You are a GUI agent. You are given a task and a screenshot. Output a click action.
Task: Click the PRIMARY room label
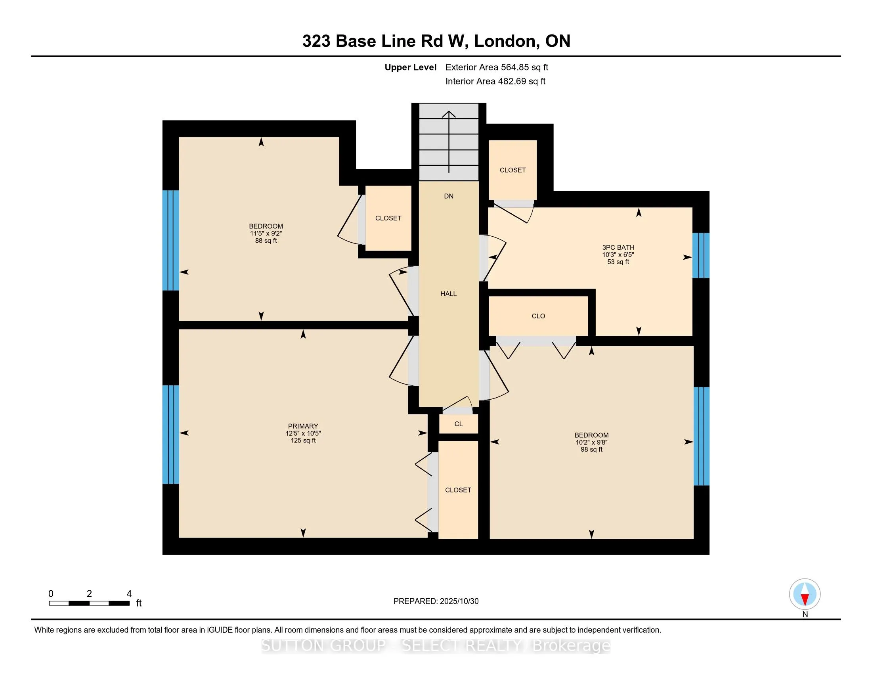coord(303,426)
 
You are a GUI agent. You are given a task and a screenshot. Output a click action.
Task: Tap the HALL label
coord(448,294)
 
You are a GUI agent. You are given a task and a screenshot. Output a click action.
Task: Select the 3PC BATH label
coord(618,247)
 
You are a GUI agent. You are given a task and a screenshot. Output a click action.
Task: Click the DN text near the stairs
coord(448,196)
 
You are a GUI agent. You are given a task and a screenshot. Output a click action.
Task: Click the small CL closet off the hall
coord(458,424)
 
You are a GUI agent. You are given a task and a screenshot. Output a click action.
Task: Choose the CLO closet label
coord(538,316)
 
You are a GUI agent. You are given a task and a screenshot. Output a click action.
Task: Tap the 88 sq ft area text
coord(266,241)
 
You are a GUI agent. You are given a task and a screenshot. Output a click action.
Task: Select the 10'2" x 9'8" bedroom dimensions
coord(591,442)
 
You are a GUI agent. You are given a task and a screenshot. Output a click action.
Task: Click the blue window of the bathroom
coord(701,255)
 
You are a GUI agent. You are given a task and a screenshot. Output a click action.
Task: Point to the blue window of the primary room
coord(170,435)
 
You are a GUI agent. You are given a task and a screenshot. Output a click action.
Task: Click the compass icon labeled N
coord(805,594)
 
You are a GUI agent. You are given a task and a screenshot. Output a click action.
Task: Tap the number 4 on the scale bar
coord(129,594)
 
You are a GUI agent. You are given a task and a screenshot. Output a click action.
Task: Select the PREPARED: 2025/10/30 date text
coord(436,601)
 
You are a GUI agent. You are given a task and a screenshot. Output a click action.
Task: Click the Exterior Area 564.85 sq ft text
coord(497,67)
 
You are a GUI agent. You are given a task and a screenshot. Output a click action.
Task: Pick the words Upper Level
coord(410,67)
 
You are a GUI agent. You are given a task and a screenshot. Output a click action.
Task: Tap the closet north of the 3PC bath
coord(512,170)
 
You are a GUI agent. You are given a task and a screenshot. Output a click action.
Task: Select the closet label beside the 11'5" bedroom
coord(388,218)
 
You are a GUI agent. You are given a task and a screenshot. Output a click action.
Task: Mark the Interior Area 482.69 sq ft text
coord(495,81)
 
